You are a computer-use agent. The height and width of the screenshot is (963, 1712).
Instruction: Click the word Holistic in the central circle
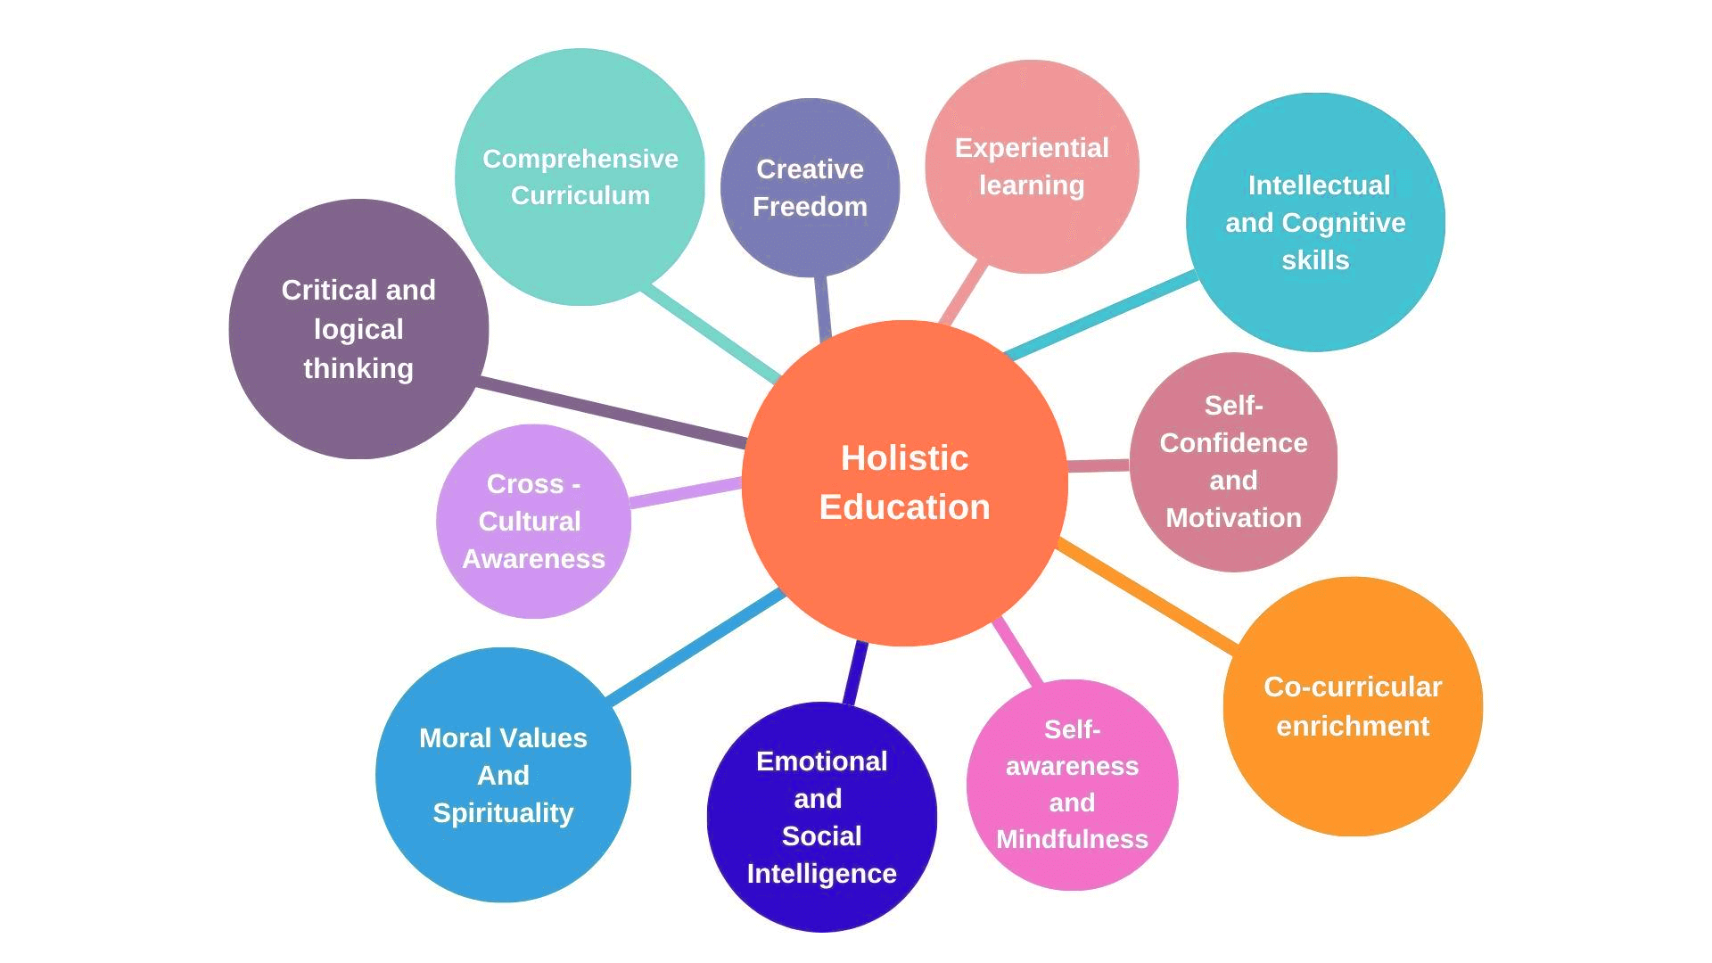coord(904,458)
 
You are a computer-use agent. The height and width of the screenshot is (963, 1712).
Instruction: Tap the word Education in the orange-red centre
coord(904,507)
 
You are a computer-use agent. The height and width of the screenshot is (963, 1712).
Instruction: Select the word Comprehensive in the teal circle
coord(580,159)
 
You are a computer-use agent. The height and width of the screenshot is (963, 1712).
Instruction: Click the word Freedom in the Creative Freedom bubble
coord(810,207)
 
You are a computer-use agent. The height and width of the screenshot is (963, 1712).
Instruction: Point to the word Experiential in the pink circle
coord(1032,148)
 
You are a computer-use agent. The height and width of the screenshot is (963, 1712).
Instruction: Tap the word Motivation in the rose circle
coord(1233,518)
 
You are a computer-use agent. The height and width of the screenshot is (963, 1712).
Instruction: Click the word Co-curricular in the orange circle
coord(1353,687)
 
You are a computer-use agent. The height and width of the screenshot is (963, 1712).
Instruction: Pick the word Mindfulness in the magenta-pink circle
coord(1072,839)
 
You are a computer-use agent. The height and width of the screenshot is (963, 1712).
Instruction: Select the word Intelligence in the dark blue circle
coord(821,874)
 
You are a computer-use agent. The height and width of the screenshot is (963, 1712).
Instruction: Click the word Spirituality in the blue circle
coord(503,813)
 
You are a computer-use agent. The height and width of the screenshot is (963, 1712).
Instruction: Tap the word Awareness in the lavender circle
coord(533,559)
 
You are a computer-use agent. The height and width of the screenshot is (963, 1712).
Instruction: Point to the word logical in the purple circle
coord(358,329)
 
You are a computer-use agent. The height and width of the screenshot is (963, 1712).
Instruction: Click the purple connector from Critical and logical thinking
coord(615,413)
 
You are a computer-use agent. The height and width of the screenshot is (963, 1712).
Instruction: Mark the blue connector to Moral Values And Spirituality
coord(695,644)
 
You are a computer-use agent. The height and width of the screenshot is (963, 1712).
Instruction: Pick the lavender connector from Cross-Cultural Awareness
coord(685,493)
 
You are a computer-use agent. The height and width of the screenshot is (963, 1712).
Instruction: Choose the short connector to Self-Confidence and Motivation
coord(1099,465)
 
